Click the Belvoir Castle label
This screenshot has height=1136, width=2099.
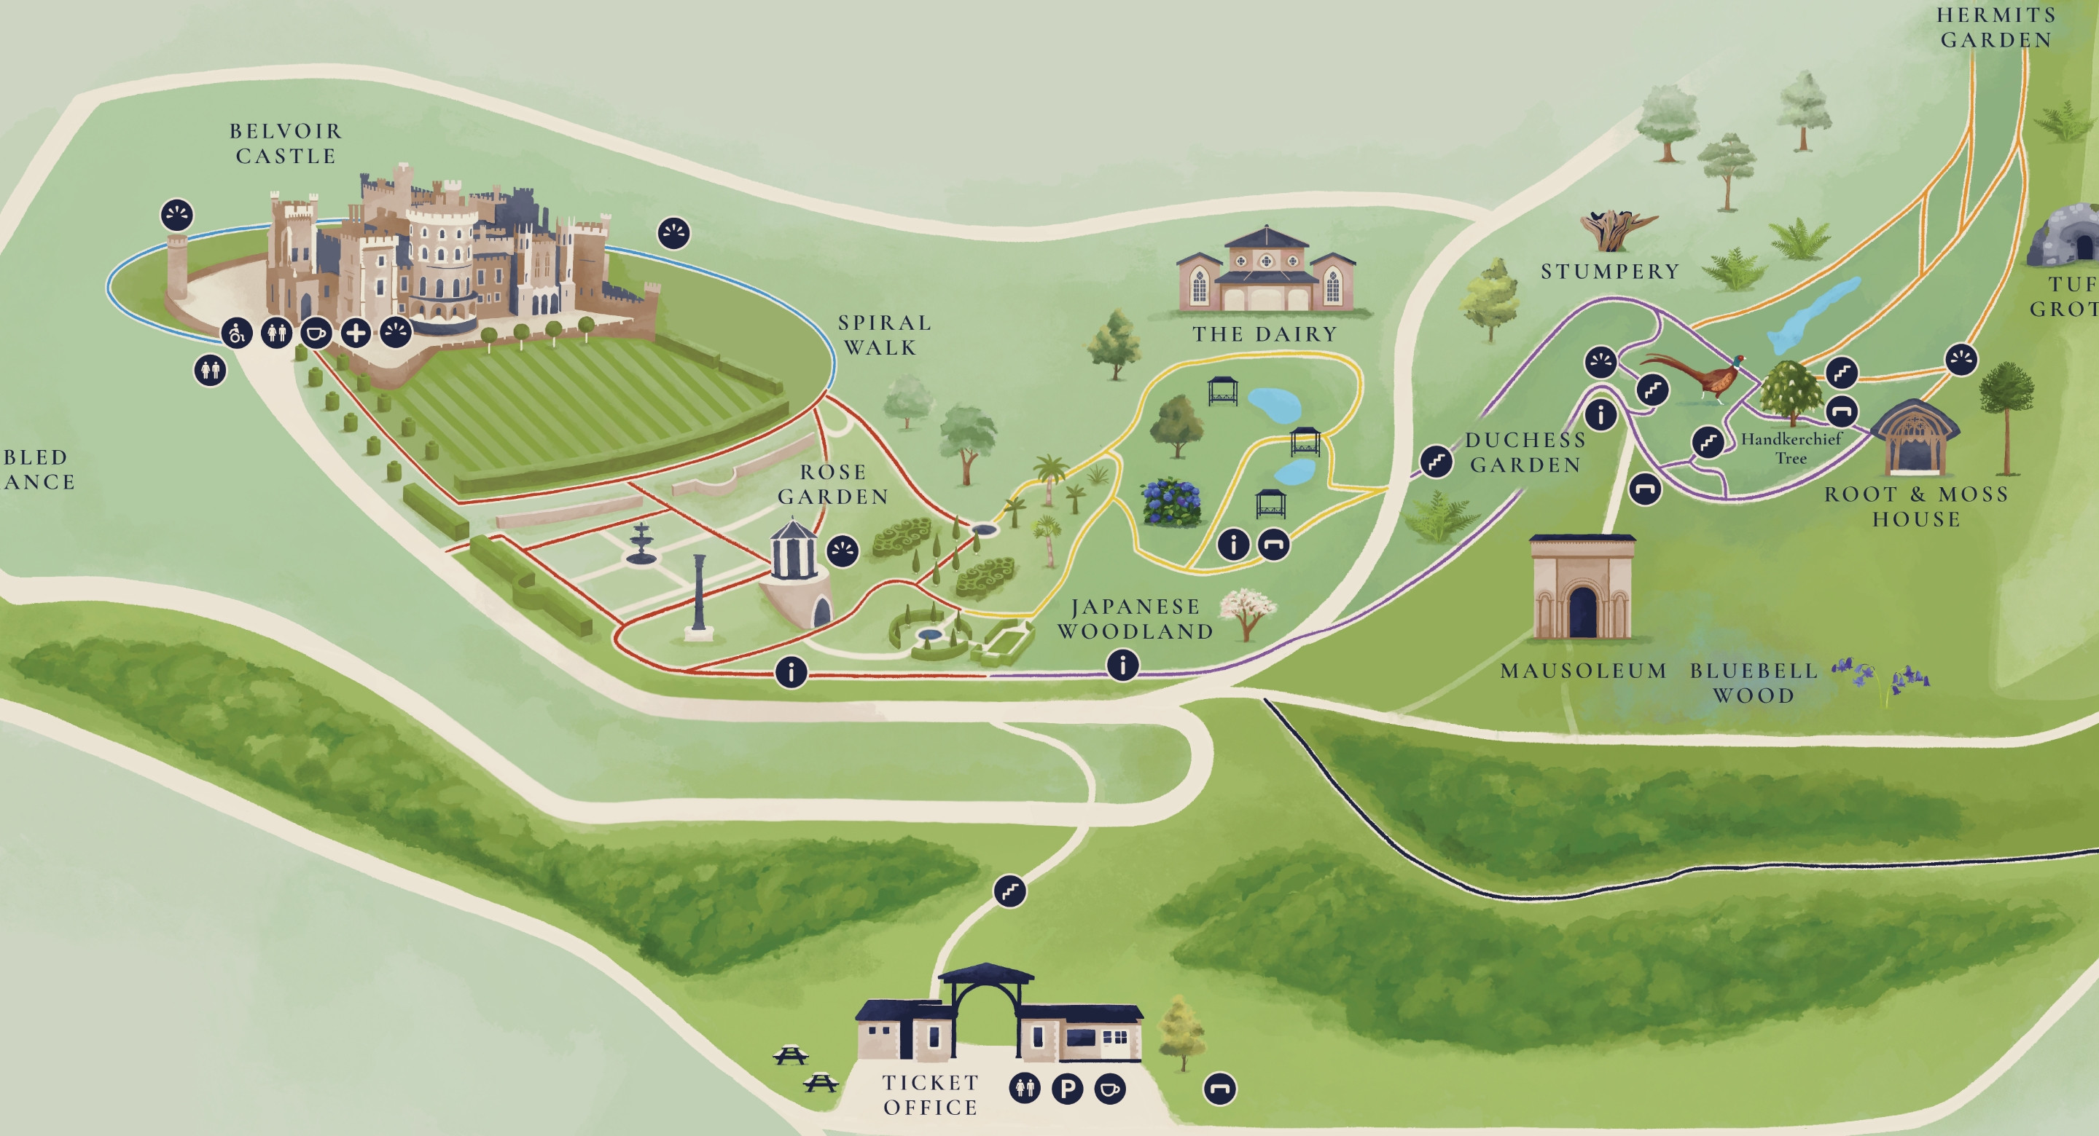(x=285, y=143)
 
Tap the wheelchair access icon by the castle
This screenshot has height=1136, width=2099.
(x=236, y=333)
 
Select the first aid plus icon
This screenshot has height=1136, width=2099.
(x=355, y=333)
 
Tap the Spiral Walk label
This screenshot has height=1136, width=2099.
(x=884, y=335)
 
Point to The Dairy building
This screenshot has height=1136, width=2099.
(x=1266, y=273)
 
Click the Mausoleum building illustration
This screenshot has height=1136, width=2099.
(x=1582, y=588)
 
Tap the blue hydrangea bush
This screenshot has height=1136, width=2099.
(x=1172, y=502)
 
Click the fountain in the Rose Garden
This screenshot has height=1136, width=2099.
(x=641, y=543)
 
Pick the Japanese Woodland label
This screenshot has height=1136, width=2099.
(x=1135, y=619)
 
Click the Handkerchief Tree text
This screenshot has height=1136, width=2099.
(x=1791, y=448)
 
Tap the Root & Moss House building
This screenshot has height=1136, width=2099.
(x=1913, y=440)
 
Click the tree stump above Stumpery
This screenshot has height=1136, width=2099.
(x=1616, y=229)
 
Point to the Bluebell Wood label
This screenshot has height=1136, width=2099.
(x=1754, y=682)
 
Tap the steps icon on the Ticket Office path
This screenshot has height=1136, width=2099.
(x=1009, y=891)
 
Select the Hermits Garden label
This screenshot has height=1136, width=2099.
(x=1996, y=28)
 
